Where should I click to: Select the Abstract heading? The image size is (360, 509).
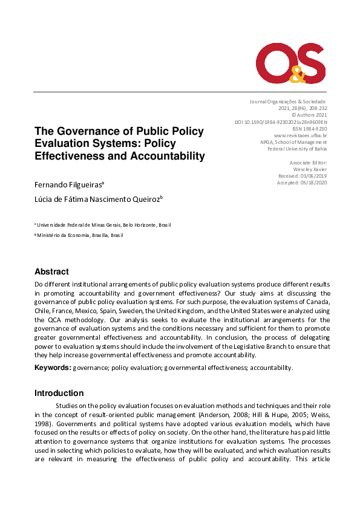click(x=51, y=271)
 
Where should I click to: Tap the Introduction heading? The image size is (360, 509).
click(x=59, y=393)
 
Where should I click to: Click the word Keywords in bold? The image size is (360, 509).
click(x=53, y=368)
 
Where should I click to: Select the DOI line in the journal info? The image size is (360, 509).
click(x=280, y=122)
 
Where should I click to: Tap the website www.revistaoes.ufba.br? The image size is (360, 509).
click(x=300, y=135)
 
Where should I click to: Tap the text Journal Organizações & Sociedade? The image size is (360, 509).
click(x=287, y=102)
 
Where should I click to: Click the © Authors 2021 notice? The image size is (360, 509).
click(x=309, y=115)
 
